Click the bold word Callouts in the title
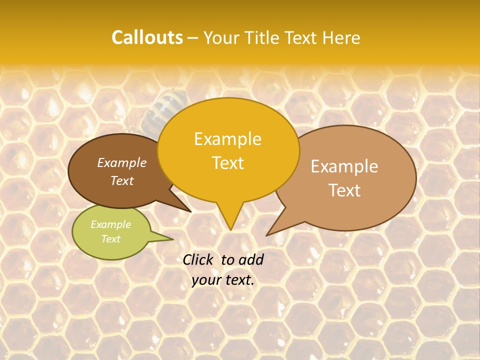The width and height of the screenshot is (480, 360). coord(147,37)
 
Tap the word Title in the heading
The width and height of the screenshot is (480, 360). coord(262,37)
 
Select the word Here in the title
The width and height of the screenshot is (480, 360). coord(342,37)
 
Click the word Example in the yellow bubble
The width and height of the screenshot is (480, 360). coord(227,139)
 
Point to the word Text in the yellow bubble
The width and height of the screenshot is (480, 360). coord(227,163)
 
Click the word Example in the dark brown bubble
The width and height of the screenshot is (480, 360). coord(122,162)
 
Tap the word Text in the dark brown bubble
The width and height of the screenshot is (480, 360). coord(122,180)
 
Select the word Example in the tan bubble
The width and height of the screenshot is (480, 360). coord(344,166)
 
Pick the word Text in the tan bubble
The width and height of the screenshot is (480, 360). coord(344,190)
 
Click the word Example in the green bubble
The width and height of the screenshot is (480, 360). coord(110,224)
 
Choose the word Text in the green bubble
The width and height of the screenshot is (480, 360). coord(110,239)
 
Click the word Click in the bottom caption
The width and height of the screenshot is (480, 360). coord(198,259)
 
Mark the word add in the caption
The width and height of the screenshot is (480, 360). coord(251,259)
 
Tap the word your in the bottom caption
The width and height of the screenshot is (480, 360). coord(205,280)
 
